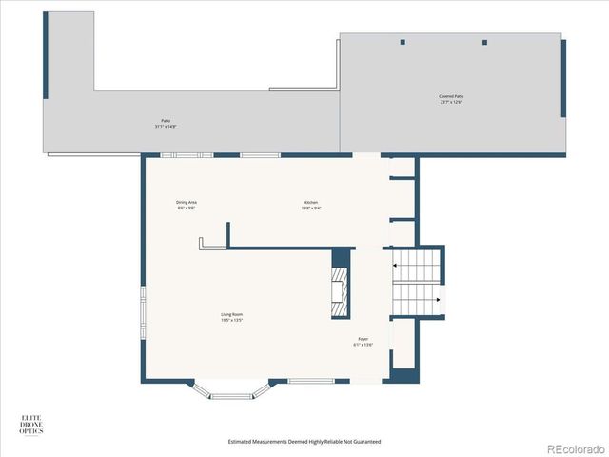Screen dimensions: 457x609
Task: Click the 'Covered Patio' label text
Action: pos(451,96)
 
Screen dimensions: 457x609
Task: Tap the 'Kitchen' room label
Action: pos(310,203)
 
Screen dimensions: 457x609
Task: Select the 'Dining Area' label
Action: pos(186,203)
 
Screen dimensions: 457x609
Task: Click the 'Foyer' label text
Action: pos(363,339)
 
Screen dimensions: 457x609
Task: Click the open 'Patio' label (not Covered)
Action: pos(166,121)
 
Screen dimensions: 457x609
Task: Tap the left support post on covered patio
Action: pos(403,42)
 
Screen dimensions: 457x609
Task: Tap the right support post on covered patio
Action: pos(484,42)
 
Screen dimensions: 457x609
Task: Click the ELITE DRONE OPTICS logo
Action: pos(32,424)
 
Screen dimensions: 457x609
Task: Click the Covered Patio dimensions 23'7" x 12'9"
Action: pos(451,102)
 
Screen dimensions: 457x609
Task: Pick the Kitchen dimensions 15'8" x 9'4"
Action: pos(310,209)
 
